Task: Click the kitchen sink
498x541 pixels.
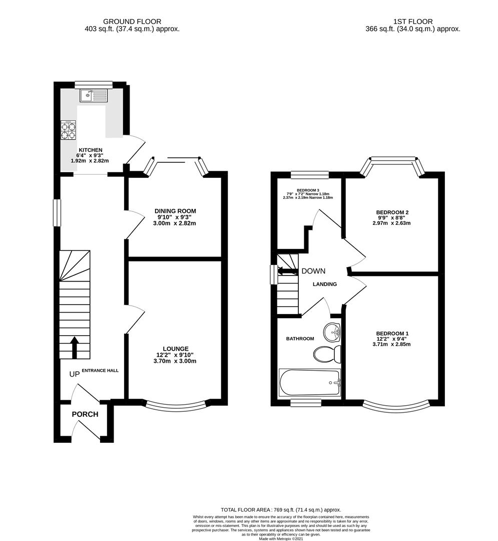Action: tap(93, 95)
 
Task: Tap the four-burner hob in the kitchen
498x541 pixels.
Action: tap(68, 130)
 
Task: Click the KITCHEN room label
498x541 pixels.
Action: tap(90, 150)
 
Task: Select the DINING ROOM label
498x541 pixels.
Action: tap(175, 211)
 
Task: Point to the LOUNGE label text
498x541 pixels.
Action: tap(175, 349)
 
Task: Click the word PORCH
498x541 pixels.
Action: tap(85, 414)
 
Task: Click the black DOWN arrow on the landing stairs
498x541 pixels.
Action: tap(287, 271)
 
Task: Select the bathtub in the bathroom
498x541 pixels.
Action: tap(309, 383)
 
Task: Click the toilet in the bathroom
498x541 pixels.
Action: tap(328, 354)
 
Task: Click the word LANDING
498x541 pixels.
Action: tap(325, 284)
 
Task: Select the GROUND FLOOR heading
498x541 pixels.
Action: tap(132, 21)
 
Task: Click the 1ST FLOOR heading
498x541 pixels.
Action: tap(412, 21)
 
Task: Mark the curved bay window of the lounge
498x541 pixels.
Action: tap(175, 404)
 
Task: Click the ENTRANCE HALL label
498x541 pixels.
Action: tap(100, 370)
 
